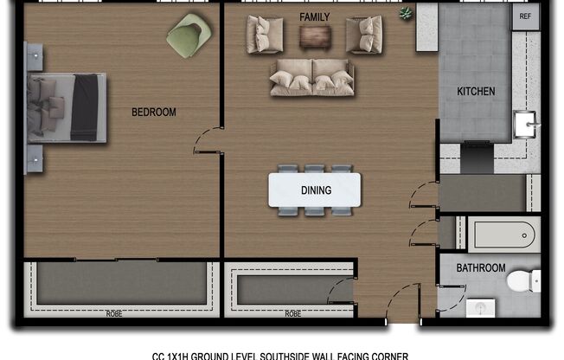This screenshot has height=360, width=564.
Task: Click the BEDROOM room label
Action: (154, 112)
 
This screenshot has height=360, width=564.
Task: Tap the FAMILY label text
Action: (315, 17)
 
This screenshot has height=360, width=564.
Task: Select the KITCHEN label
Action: (476, 91)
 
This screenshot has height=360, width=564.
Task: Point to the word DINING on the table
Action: (315, 190)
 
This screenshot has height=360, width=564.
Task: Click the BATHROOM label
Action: (481, 268)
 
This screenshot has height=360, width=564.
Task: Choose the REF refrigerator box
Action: (524, 16)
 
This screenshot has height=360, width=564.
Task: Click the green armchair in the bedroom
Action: (189, 35)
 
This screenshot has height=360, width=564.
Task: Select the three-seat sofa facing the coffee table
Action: (311, 77)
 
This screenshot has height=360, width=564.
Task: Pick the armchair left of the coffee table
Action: (265, 35)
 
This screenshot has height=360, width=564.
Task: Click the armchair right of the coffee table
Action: (363, 35)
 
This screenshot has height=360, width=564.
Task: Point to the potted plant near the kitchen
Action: (405, 14)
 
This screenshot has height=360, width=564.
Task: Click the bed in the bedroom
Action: (67, 107)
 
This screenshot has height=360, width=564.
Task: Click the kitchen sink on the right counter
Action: (525, 126)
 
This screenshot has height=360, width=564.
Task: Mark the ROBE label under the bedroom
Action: (113, 313)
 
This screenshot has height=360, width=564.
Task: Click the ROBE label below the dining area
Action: (292, 313)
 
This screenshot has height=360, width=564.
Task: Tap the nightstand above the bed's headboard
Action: (34, 57)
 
